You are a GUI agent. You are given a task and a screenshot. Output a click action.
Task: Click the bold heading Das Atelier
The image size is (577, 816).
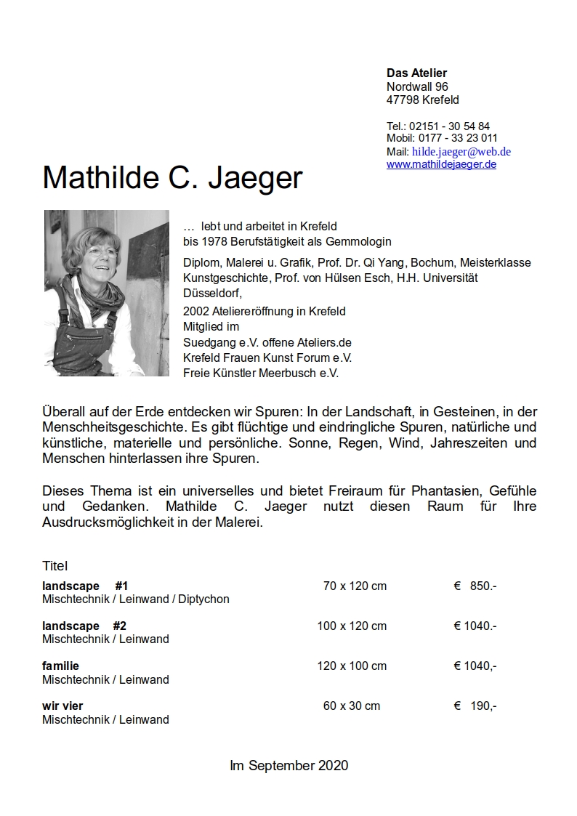click(x=416, y=73)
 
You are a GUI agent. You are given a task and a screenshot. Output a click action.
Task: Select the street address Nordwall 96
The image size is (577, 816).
click(x=417, y=86)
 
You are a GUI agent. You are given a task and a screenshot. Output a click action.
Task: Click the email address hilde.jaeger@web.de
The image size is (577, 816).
click(x=461, y=152)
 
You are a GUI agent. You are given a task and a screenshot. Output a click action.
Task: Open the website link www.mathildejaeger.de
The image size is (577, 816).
click(x=441, y=164)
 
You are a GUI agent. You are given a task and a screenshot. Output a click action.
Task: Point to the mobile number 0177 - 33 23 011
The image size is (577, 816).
click(x=458, y=138)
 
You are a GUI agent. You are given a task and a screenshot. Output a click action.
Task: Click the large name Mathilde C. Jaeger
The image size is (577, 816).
click(x=172, y=177)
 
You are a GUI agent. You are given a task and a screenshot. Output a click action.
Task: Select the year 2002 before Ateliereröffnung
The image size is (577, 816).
click(x=195, y=311)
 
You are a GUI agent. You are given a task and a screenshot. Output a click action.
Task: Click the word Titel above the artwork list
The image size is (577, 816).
click(x=55, y=565)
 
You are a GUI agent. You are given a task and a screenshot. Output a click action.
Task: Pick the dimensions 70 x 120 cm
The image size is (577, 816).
click(x=355, y=586)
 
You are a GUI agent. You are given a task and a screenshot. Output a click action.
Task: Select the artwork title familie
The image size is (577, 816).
click(x=60, y=666)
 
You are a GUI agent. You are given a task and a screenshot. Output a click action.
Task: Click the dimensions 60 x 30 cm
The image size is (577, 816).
click(x=352, y=706)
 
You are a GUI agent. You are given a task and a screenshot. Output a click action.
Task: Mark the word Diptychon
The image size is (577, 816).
click(x=203, y=599)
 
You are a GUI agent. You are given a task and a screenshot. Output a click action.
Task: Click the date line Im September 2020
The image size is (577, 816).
click(x=288, y=765)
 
